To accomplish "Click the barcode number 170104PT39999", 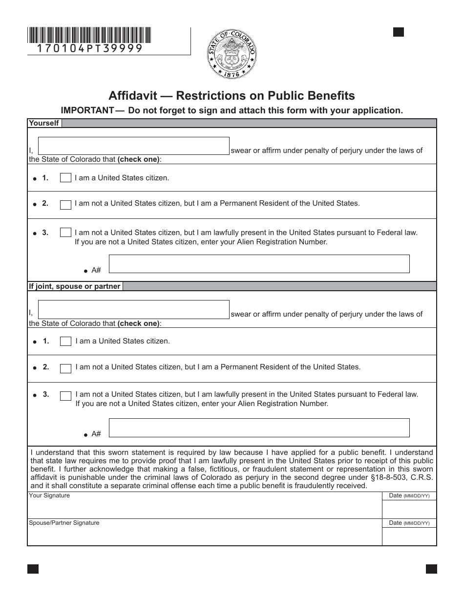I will (x=90, y=48).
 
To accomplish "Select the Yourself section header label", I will (x=43, y=123).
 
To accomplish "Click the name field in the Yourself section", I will (x=133, y=146).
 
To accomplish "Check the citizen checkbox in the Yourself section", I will (x=65, y=178).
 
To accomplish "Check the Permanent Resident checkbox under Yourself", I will (x=65, y=205).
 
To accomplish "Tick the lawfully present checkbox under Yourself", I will (x=65, y=233).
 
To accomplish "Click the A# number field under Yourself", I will (x=259, y=264).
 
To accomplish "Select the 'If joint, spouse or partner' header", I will (x=74, y=286).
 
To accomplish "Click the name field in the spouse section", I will (x=133, y=310).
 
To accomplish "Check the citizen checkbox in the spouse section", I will (x=65, y=342).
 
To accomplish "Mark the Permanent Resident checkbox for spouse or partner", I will (x=65, y=368).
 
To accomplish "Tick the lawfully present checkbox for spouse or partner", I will (x=65, y=396).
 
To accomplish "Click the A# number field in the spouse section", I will (x=259, y=428).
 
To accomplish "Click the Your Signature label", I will (x=49, y=495).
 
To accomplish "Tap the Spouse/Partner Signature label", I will (x=64, y=523).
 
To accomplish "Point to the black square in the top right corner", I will (x=399, y=32).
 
